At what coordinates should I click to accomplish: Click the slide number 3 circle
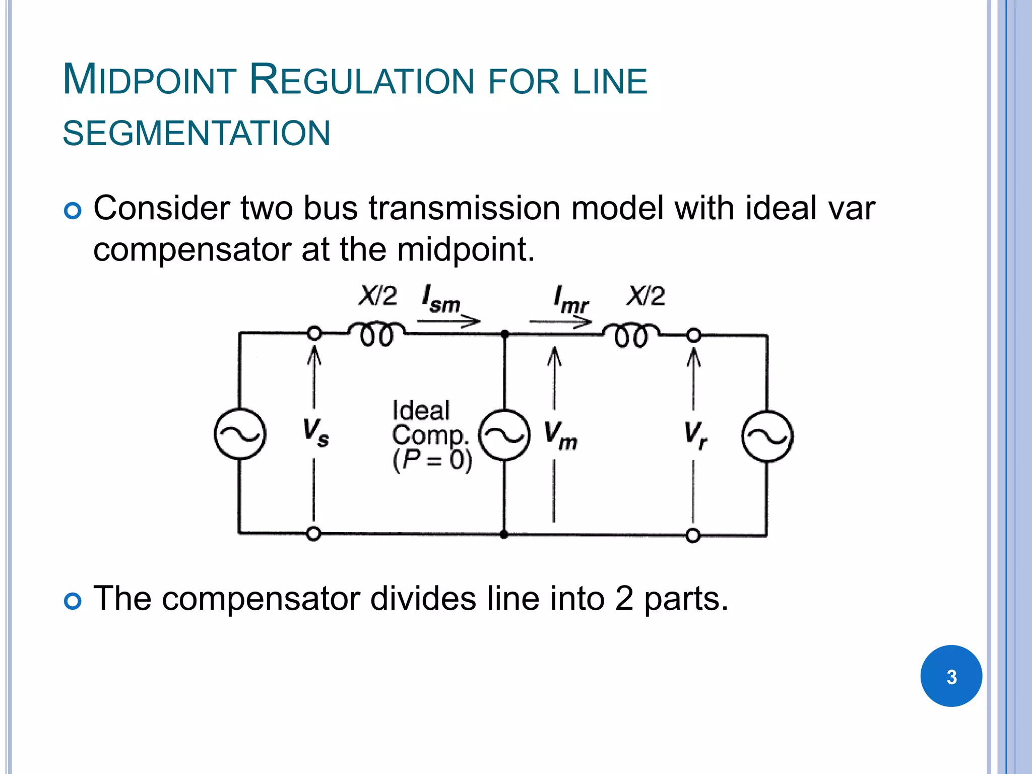tap(951, 676)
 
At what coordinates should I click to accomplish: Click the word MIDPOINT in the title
tap(149, 80)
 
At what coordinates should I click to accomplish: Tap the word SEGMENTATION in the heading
tap(197, 134)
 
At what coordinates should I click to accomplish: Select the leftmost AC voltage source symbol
tap(240, 434)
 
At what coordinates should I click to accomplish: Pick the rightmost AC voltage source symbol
tap(767, 436)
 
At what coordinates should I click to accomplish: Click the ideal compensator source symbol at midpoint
tap(504, 435)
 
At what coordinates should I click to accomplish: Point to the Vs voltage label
tap(315, 432)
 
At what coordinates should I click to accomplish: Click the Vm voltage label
tap(560, 435)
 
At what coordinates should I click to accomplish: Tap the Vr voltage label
tap(695, 435)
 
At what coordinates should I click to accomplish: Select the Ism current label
tap(441, 299)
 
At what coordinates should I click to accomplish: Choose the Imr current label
tap(570, 299)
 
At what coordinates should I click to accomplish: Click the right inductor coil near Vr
tap(631, 336)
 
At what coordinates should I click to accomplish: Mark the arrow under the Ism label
tap(448, 320)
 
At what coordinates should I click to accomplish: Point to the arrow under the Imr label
tap(560, 321)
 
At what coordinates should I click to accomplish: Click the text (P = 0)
tap(432, 460)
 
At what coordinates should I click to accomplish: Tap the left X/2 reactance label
tap(377, 296)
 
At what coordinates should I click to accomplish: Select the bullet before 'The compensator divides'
tap(73, 601)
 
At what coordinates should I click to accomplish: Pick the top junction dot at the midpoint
tap(504, 334)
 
